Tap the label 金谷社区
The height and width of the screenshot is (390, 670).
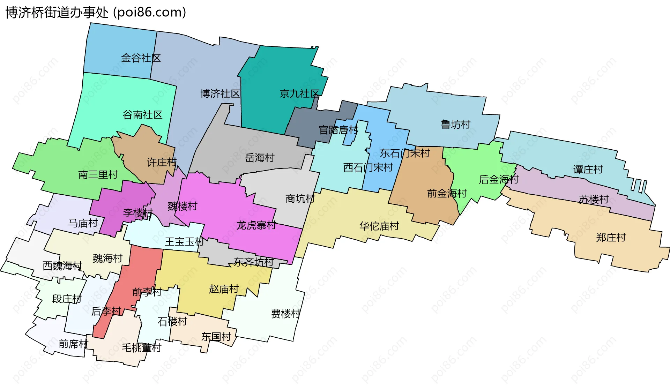click(x=141, y=58)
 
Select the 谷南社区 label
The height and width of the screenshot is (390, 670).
click(x=142, y=115)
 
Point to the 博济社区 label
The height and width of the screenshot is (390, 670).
click(x=220, y=93)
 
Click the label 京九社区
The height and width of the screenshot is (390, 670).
click(x=299, y=93)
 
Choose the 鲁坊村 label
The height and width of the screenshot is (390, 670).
click(x=455, y=124)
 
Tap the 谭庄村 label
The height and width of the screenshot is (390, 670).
click(x=588, y=170)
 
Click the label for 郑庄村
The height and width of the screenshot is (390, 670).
click(x=611, y=238)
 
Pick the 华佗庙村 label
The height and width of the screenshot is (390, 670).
click(x=379, y=226)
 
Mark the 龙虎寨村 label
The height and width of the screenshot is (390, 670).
click(x=256, y=225)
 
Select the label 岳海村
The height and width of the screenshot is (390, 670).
click(x=260, y=158)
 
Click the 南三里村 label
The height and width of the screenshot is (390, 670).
click(x=98, y=174)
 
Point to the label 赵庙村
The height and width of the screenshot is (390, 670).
click(x=224, y=289)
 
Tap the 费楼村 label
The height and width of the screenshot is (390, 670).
click(x=285, y=314)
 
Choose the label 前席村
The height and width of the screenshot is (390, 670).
click(x=73, y=344)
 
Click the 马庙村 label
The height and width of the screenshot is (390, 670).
click(x=83, y=223)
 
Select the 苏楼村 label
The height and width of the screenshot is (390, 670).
click(x=594, y=199)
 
